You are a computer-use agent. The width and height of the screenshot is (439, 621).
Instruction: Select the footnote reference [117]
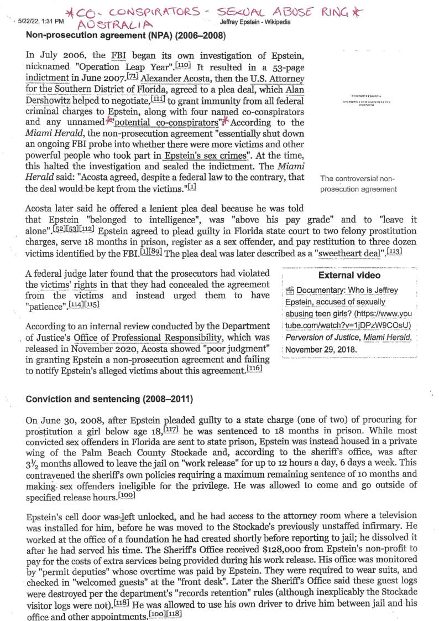171,429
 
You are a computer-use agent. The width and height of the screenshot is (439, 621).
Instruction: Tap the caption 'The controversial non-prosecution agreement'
358,184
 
